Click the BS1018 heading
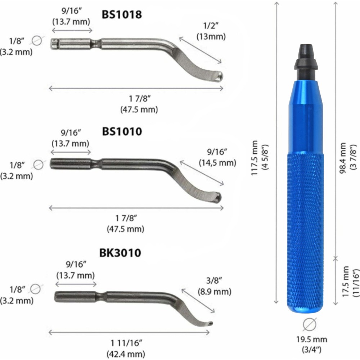click(x=122, y=15)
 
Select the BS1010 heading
click(x=122, y=132)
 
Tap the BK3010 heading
click(x=120, y=253)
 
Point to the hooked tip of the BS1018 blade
click(x=219, y=76)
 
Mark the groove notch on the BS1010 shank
click(x=94, y=163)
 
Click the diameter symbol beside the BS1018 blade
click(x=37, y=41)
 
